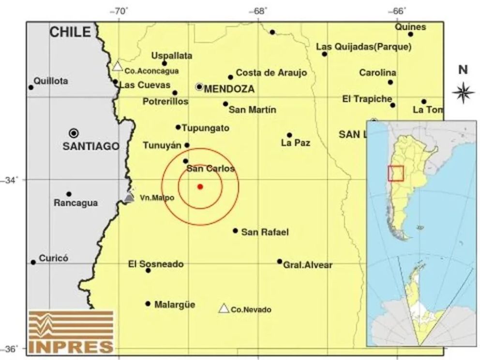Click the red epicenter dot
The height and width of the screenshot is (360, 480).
200,187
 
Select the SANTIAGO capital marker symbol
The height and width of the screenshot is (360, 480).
74,133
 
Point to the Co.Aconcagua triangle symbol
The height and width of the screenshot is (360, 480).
117,67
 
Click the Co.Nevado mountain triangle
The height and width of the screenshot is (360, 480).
224,309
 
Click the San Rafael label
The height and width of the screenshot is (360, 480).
265,232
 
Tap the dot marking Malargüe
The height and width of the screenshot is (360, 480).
148,304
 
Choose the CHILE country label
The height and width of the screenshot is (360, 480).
70,32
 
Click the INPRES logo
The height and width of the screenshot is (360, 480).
71,331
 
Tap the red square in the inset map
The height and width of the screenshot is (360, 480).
396,173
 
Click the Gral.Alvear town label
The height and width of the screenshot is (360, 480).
308,265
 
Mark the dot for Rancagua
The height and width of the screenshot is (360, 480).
69,194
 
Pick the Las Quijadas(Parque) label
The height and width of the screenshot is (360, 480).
363,47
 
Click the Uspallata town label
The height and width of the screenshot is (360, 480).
172,55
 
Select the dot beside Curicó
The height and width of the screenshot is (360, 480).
33,262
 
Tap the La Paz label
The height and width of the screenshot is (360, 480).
295,143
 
